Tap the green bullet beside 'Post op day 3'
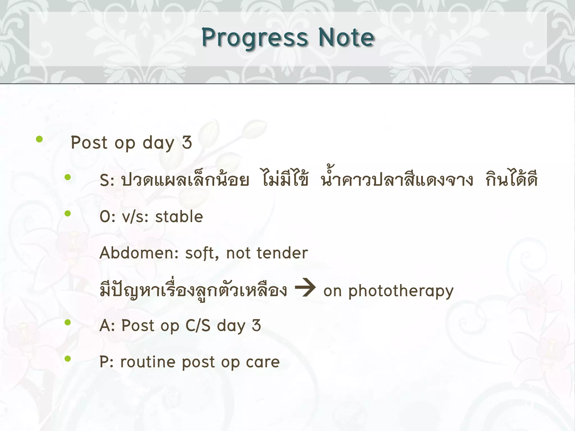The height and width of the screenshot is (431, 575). coord(39,139)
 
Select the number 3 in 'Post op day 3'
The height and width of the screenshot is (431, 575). coord(187,143)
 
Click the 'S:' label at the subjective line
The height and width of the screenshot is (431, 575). coord(107,180)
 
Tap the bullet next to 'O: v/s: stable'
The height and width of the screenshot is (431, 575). coord(67,214)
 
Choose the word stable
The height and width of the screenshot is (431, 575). coord(179,217)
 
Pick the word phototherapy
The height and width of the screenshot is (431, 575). coord(401,291)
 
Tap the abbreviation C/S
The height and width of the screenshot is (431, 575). coord(198,326)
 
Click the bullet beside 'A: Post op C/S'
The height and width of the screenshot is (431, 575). coord(67,323)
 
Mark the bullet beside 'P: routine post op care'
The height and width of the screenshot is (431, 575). coord(67,359)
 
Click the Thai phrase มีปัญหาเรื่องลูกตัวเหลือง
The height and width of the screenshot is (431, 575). coord(193,290)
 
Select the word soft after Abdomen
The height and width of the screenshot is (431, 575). coord(202,253)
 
